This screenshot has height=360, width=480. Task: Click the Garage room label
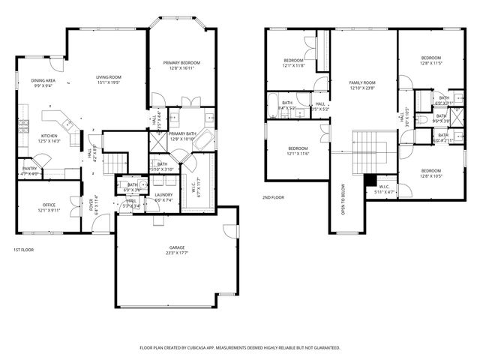coord(177,247)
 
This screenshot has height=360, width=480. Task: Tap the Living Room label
coord(109,76)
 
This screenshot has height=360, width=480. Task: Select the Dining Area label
coord(43,80)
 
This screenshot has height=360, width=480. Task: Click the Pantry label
coord(30,169)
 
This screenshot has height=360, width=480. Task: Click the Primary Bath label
coord(182,133)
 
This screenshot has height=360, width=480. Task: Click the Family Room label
coord(361,82)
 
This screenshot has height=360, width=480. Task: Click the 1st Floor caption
coord(23,250)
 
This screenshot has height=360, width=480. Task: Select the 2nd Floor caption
coord(272,197)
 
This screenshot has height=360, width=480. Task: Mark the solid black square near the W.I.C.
coord(369,180)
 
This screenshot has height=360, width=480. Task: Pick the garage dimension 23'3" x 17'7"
coord(177,253)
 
